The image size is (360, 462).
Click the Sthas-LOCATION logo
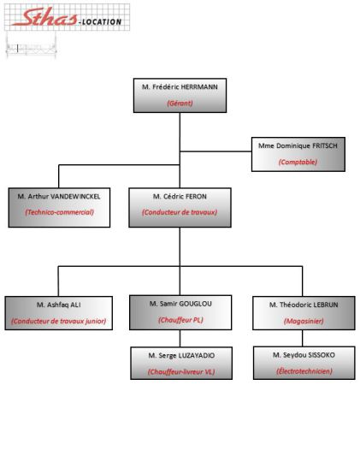click(68, 17)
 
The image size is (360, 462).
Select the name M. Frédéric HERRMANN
click(180, 87)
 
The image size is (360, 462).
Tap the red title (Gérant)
click(180, 104)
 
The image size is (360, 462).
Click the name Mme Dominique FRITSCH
click(298, 145)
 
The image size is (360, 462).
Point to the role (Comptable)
click(298, 162)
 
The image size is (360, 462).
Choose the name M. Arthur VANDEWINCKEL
click(59, 196)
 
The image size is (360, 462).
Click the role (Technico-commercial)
click(59, 212)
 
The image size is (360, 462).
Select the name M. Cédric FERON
click(180, 196)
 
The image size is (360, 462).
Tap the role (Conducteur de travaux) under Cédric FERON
click(180, 212)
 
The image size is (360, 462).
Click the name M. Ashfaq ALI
click(59, 305)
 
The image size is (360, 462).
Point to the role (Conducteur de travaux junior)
click(59, 321)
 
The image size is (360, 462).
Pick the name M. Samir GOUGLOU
click(180, 304)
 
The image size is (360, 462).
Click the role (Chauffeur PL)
click(180, 320)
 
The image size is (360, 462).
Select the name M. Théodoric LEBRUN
click(304, 305)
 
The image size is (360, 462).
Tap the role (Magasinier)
click(304, 321)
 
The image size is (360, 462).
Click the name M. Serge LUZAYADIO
click(181, 355)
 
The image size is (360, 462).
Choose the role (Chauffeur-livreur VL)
click(181, 371)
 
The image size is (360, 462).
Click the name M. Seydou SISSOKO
click(304, 355)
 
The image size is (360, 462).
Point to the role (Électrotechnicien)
click(304, 371)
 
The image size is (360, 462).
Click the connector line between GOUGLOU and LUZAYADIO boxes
click(180, 338)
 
